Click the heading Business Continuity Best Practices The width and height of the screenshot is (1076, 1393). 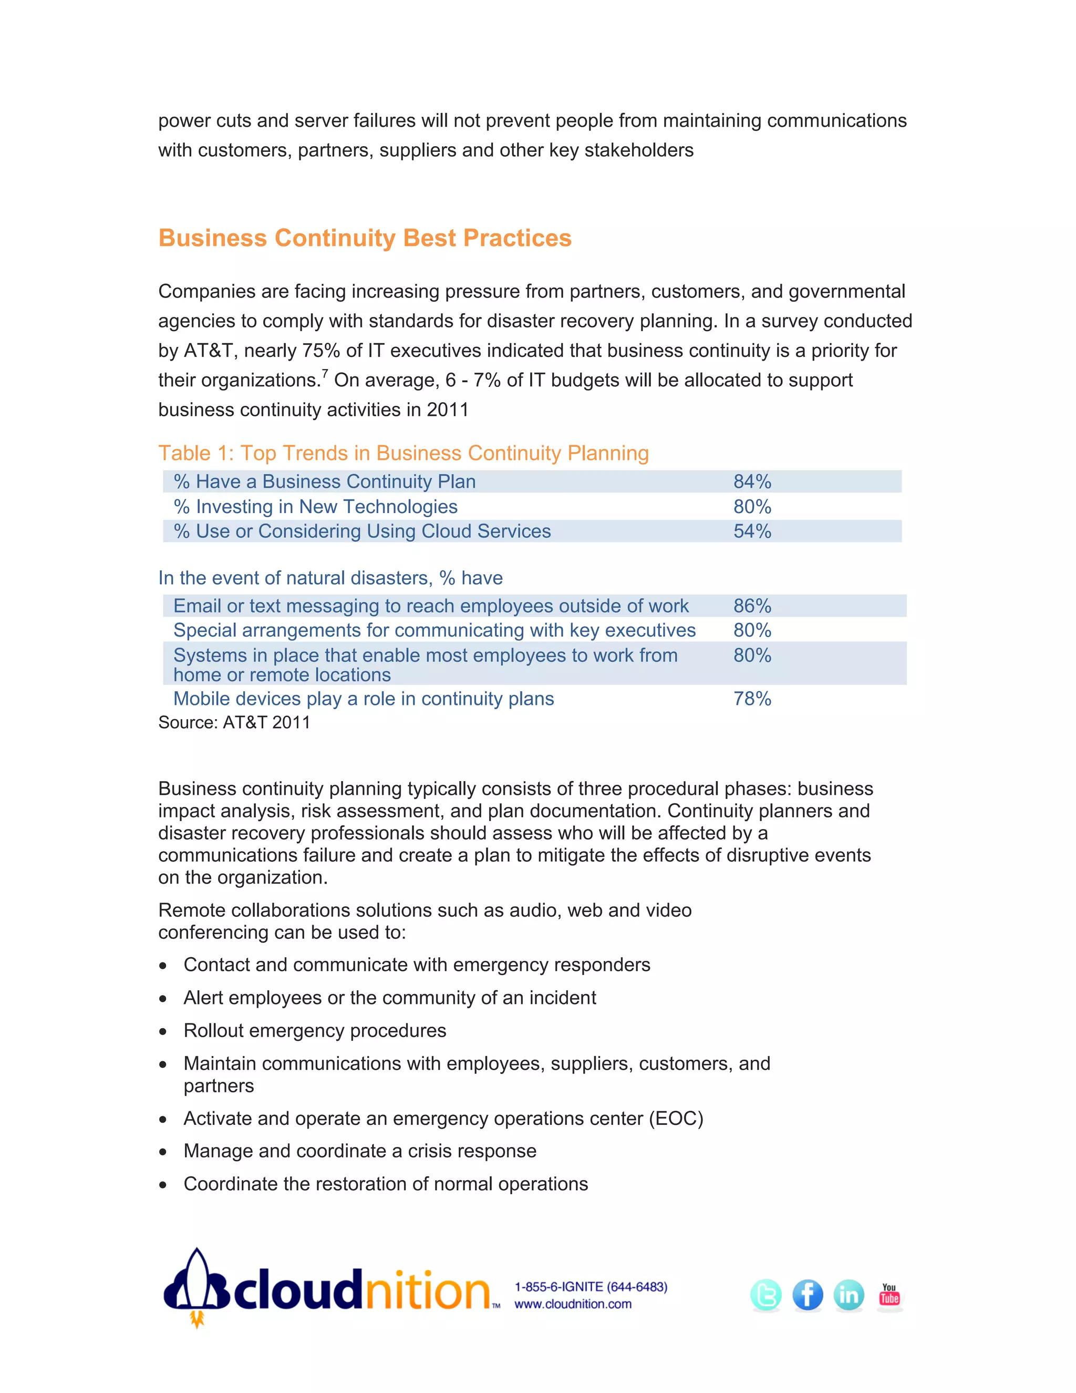tap(365, 238)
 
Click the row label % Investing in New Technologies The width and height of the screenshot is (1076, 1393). tap(316, 506)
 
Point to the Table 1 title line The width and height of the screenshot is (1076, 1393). tap(403, 453)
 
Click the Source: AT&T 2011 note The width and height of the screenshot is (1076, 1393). tap(234, 723)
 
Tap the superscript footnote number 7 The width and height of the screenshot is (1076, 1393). tap(325, 374)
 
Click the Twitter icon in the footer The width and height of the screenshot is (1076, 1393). tap(765, 1295)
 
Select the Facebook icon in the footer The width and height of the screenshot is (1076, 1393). tap(807, 1295)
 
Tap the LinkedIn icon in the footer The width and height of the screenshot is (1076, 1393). tap(849, 1295)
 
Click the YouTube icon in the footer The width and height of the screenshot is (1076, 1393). tap(889, 1295)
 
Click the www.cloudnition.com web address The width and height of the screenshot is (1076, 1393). tap(573, 1304)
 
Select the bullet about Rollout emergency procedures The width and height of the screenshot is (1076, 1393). tap(315, 1031)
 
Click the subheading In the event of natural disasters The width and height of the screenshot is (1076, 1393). tap(330, 578)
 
